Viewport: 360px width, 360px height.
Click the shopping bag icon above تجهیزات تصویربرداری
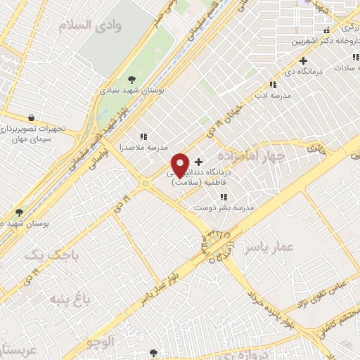click(30, 117)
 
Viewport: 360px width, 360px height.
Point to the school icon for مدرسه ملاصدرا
click(143, 136)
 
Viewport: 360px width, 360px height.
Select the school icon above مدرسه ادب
click(273, 85)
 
